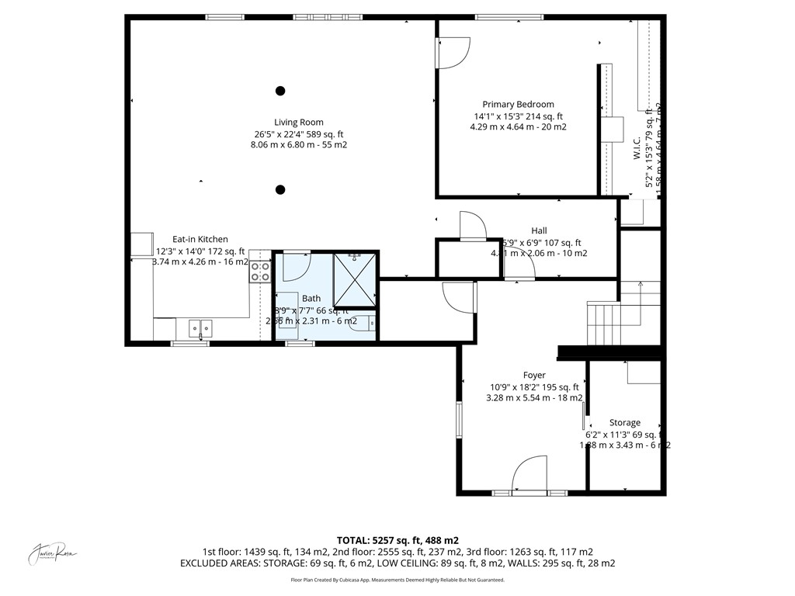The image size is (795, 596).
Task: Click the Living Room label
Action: pos(298,122)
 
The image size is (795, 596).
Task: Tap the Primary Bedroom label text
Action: pos(518,104)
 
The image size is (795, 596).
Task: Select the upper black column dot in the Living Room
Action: pos(280,91)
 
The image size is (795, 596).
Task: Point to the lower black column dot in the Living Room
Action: pos(280,189)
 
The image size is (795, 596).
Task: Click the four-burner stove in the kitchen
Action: pos(260,272)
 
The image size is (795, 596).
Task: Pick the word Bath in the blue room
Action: pos(311,298)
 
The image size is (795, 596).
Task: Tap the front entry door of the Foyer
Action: pos(530,476)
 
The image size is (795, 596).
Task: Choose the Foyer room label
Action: pos(534,376)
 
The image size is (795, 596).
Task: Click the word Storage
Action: pos(624,423)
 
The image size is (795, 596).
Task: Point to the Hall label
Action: pos(539,230)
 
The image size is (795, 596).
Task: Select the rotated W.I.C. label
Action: pos(636,150)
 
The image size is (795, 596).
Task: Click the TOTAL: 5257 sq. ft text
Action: pos(397,540)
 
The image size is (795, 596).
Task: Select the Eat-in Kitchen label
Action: pos(200,239)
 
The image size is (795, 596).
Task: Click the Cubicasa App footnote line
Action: pos(397,580)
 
